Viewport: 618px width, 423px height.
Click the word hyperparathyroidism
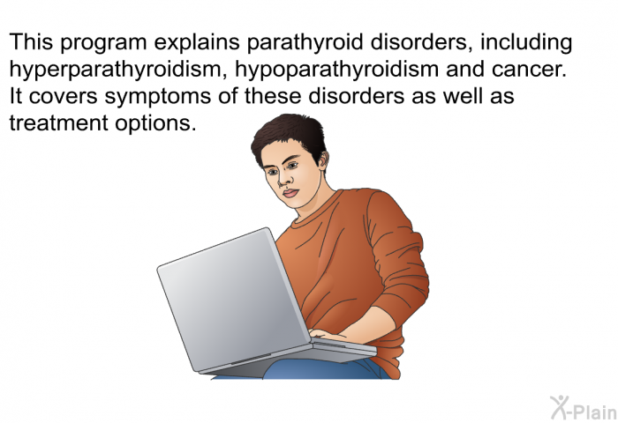tap(117, 70)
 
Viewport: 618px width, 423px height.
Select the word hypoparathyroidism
tap(337, 70)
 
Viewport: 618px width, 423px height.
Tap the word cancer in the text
tap(529, 70)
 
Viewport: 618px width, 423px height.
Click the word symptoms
tap(158, 97)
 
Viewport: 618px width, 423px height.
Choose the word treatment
tap(58, 122)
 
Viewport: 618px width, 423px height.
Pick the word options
tap(155, 123)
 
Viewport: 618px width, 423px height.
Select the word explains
tap(197, 42)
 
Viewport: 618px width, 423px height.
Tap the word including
tap(526, 42)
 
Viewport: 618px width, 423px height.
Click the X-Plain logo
tap(584, 408)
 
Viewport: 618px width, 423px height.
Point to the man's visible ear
tap(323, 159)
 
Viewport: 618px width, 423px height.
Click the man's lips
tap(290, 193)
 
